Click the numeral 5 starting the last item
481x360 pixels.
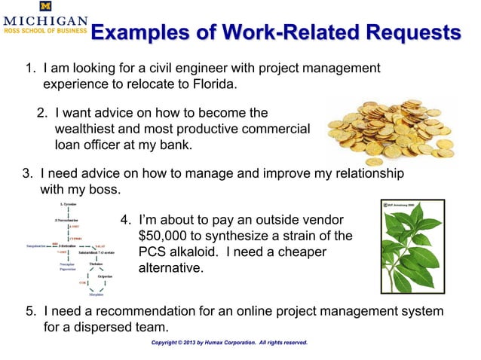(29, 312)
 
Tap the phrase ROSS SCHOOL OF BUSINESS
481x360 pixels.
(44, 32)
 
